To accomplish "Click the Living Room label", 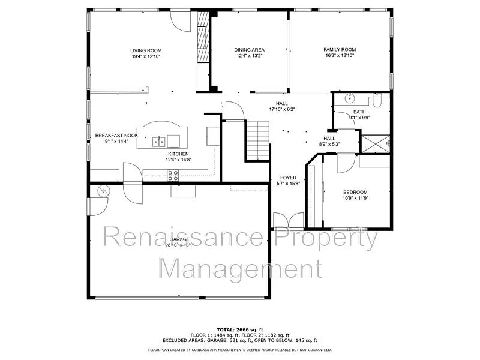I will [x=146, y=50].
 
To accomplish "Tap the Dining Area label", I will [x=249, y=50].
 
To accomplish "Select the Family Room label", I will [x=340, y=50].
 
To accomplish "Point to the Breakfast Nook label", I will [x=116, y=136].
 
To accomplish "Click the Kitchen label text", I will [x=178, y=154].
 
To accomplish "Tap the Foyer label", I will [x=288, y=178].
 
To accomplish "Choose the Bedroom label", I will [x=355, y=192].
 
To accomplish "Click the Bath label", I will [x=359, y=112].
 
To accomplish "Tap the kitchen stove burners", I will [x=173, y=175].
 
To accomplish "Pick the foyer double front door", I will [x=287, y=220].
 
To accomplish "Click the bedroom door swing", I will [x=346, y=163].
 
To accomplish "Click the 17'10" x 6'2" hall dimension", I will [x=281, y=110].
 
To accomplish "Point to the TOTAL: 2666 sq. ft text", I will [x=239, y=329].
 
